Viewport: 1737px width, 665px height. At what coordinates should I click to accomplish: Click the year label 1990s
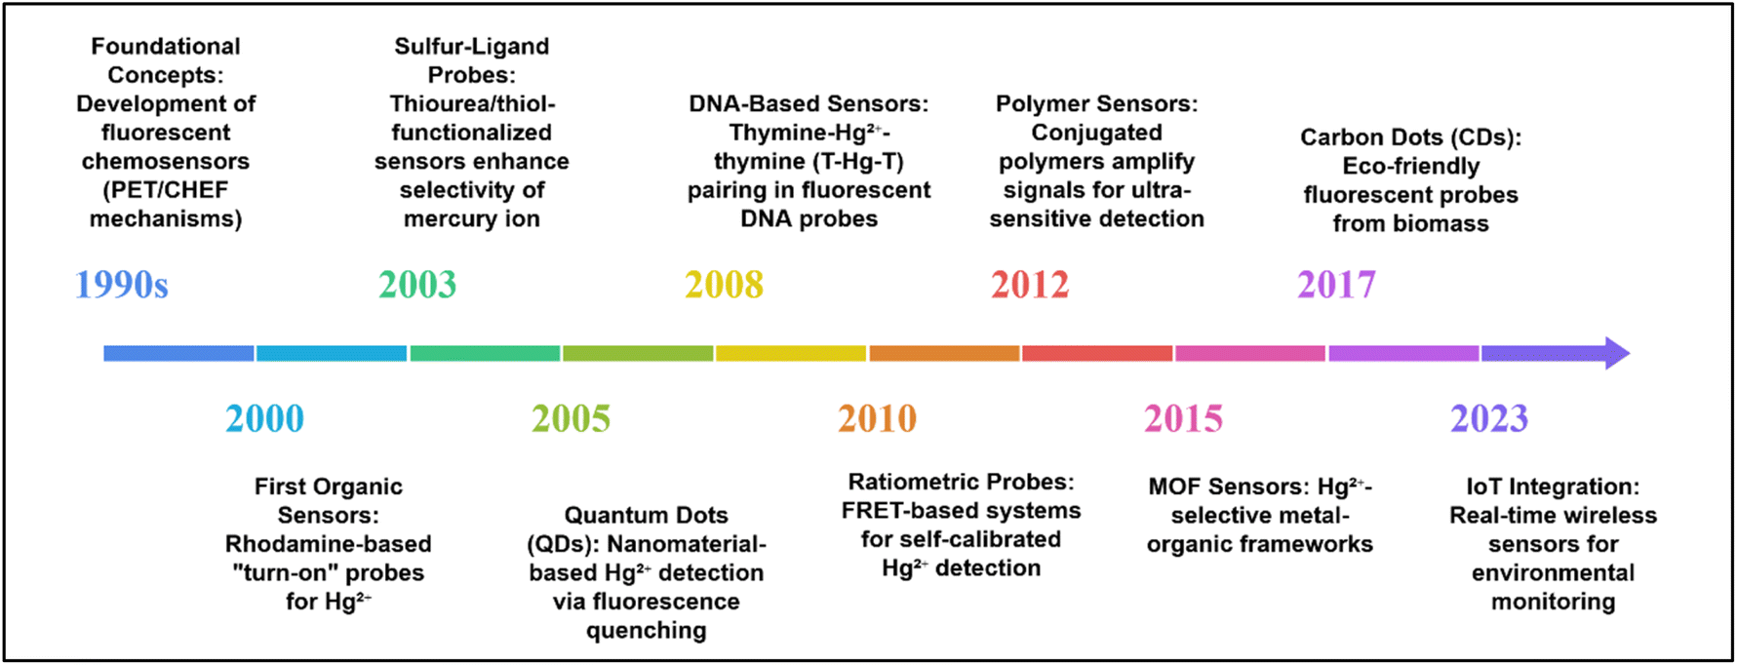pyautogui.click(x=122, y=285)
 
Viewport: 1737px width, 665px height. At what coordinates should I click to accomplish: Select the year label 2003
pyautogui.click(x=417, y=285)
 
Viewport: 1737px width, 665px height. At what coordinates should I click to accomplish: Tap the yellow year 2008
pyautogui.click(x=724, y=285)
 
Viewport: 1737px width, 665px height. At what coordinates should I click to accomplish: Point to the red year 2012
pyautogui.click(x=1030, y=285)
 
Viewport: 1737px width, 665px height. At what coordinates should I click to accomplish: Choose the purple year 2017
pyautogui.click(x=1336, y=285)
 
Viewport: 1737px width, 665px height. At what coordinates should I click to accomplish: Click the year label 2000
pyautogui.click(x=264, y=418)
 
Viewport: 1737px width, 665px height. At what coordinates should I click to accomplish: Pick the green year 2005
pyautogui.click(x=571, y=418)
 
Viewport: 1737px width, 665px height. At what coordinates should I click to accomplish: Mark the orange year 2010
pyautogui.click(x=877, y=418)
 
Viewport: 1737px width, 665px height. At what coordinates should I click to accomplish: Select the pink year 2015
pyautogui.click(x=1183, y=418)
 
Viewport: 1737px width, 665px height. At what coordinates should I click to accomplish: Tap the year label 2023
pyautogui.click(x=1489, y=418)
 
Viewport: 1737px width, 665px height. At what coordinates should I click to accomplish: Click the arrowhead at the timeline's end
pyautogui.click(x=1617, y=353)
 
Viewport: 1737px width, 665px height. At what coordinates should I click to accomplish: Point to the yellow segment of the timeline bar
pyautogui.click(x=791, y=353)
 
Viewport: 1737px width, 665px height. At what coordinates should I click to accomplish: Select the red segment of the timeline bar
pyautogui.click(x=1097, y=353)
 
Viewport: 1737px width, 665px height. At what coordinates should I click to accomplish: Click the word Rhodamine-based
pyautogui.click(x=328, y=544)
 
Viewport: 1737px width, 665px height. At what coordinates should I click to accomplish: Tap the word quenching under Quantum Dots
pyautogui.click(x=646, y=631)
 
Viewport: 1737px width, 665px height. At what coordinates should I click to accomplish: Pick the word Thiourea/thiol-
pyautogui.click(x=472, y=103)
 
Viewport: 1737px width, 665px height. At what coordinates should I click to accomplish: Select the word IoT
pyautogui.click(x=1486, y=487)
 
